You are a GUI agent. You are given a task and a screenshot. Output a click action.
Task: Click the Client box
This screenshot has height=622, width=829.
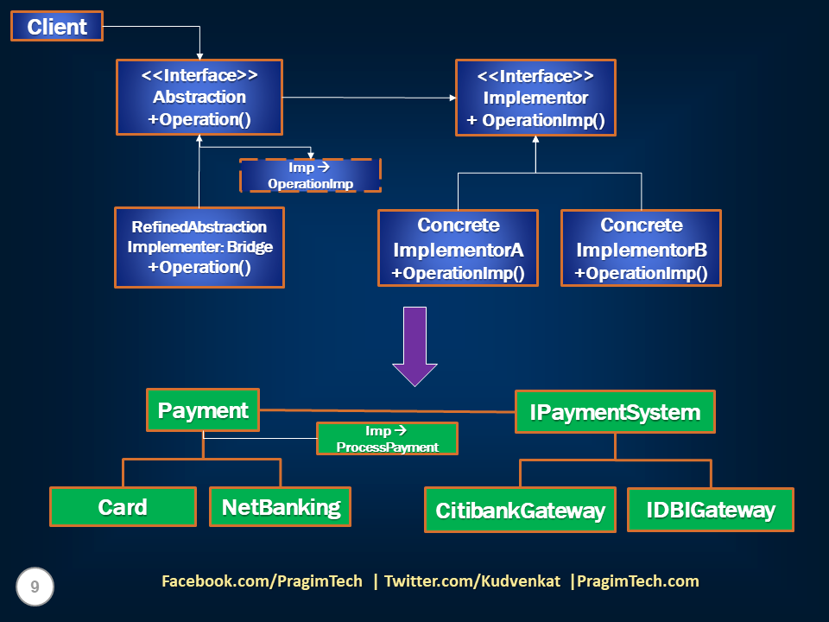[x=56, y=26]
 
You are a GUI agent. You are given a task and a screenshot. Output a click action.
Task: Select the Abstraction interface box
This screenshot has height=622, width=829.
[x=199, y=97]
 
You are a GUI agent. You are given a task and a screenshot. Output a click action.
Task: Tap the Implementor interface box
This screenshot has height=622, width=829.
[x=535, y=98]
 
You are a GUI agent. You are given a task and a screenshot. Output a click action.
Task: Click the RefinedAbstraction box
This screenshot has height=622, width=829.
[x=199, y=247]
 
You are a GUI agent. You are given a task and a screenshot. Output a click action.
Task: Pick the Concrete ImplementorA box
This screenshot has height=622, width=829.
[x=458, y=248]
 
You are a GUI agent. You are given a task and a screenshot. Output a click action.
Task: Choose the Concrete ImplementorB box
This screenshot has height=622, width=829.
[x=641, y=248]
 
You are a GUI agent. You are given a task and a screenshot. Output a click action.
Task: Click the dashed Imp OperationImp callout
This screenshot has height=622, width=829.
[x=310, y=175]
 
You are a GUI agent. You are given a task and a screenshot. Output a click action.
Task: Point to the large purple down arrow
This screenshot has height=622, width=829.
[x=415, y=345]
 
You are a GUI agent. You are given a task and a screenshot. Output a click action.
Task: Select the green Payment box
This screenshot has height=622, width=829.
[x=203, y=410]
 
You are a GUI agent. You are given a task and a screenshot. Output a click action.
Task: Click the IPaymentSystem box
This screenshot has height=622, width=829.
[x=615, y=412]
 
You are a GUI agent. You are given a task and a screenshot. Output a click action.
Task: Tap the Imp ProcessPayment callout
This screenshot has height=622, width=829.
[x=387, y=439]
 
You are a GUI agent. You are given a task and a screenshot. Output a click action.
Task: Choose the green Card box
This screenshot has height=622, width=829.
[x=123, y=507]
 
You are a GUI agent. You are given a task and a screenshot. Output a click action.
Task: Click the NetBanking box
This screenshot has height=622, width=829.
[x=281, y=507]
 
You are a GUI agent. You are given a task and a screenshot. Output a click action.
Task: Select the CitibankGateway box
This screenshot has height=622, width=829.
[x=520, y=510]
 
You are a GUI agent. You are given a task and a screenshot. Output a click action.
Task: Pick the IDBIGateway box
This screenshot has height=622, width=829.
[x=710, y=510]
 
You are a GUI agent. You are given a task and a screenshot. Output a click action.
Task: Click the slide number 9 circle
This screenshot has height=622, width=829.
[x=35, y=587]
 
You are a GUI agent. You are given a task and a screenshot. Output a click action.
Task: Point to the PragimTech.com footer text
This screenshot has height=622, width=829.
[x=638, y=581]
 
